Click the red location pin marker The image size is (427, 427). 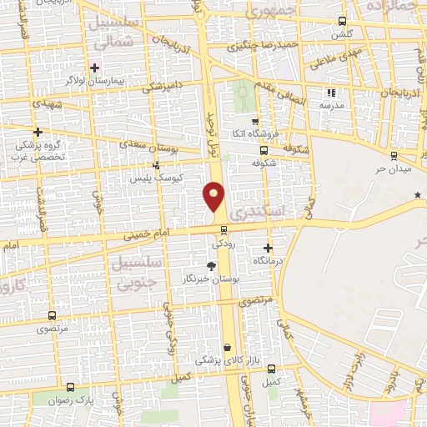coord(214,197)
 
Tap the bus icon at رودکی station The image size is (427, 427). coord(223,230)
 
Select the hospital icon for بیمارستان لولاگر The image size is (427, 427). coord(95,68)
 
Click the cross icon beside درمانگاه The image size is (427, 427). coord(268,248)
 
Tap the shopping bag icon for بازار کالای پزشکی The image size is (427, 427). coord(227,348)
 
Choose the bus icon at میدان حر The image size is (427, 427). coord(393,154)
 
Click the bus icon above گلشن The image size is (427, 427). coord(342,22)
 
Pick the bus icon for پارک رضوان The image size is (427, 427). coord(70,387)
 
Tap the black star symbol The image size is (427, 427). coord(418,195)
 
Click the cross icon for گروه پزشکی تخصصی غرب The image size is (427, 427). coord(37,132)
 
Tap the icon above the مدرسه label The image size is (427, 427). coord(331,93)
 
